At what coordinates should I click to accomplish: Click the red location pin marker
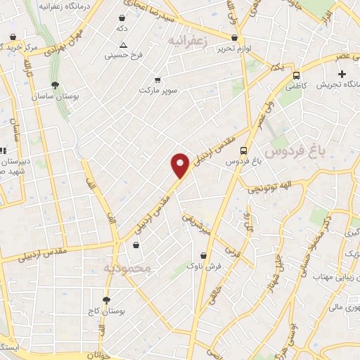click(x=181, y=165)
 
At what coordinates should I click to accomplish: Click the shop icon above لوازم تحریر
click(x=235, y=37)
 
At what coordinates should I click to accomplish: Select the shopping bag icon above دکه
click(x=122, y=18)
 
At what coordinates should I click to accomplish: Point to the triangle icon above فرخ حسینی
click(x=123, y=44)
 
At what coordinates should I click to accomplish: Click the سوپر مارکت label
click(x=157, y=91)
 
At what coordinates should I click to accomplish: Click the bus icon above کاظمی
click(x=296, y=75)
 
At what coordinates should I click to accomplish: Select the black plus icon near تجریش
click(x=342, y=74)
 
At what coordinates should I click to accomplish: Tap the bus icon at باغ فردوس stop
click(x=243, y=150)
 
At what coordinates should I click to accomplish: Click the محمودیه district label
click(x=127, y=268)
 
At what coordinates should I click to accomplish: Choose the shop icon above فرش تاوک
click(x=203, y=255)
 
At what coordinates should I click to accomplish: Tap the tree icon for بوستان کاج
click(x=106, y=300)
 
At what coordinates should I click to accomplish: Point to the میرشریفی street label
click(x=198, y=224)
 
